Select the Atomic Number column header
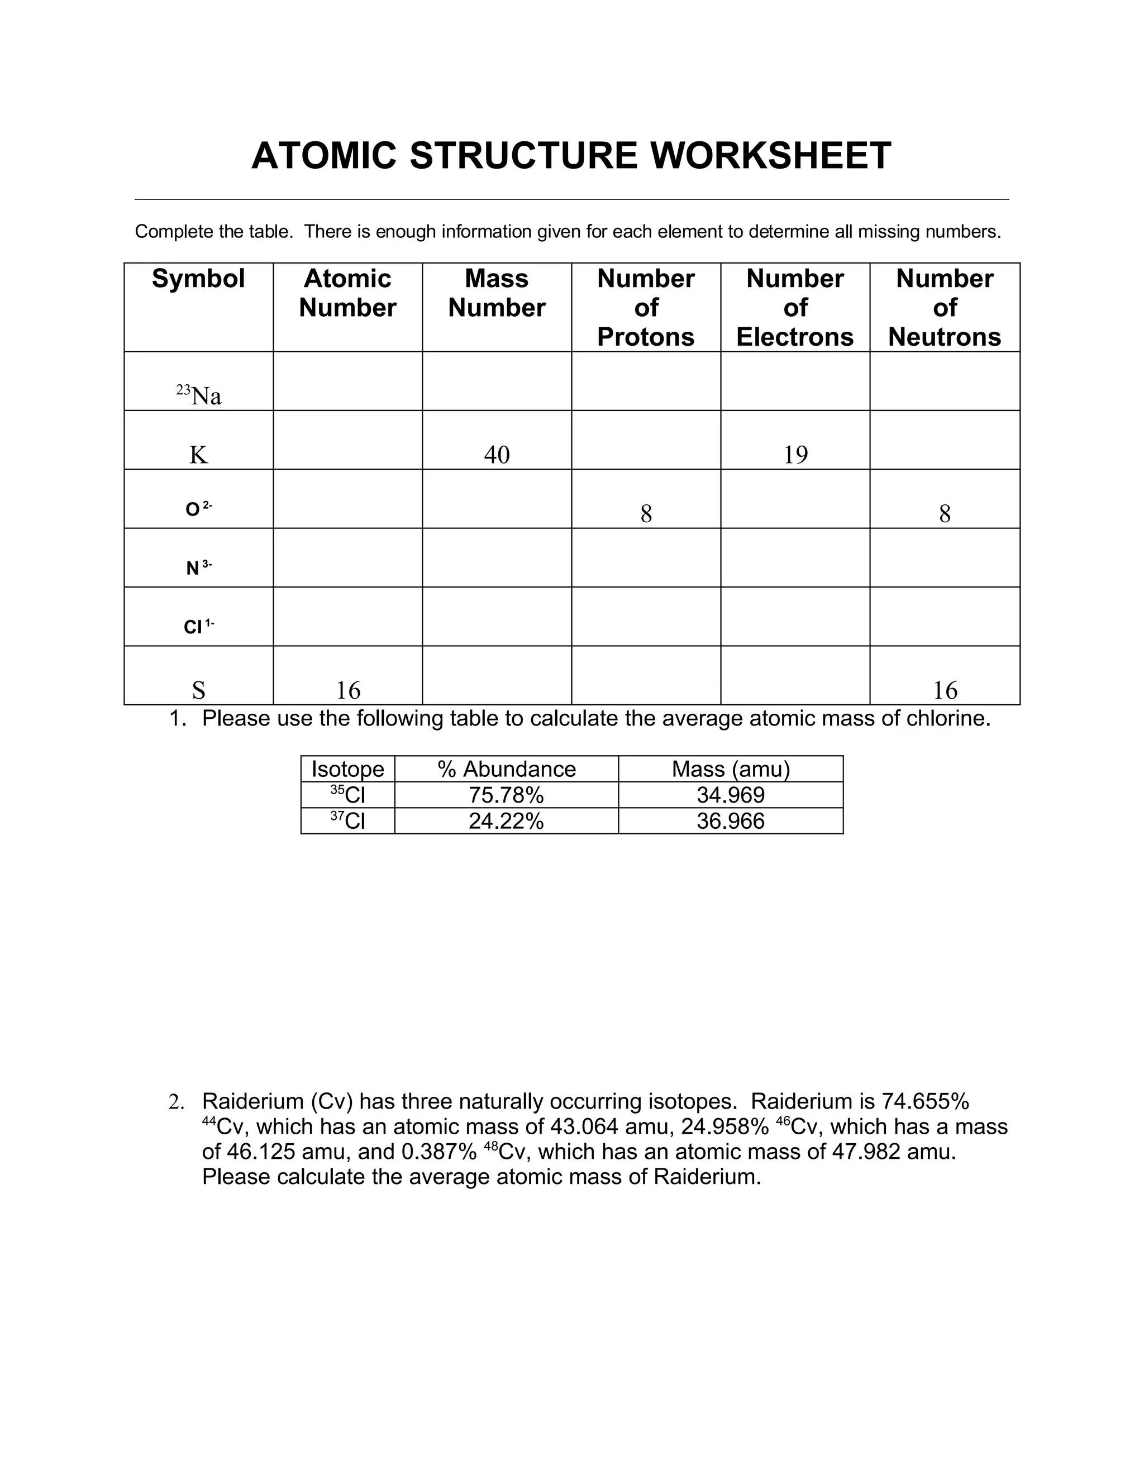coord(347,293)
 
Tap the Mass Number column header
coord(496,293)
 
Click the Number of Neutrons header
coord(944,307)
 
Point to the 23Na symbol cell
coord(198,395)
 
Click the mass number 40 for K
coord(496,454)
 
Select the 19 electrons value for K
coord(795,454)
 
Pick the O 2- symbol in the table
coord(198,508)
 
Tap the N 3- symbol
coord(198,567)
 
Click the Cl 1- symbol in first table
coord(198,626)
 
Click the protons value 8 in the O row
coord(646,514)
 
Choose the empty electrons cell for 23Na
coord(795,381)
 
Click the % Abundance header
coord(506,769)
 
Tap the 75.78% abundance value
coord(506,795)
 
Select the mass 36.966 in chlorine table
coord(731,820)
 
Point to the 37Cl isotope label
coord(347,820)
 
